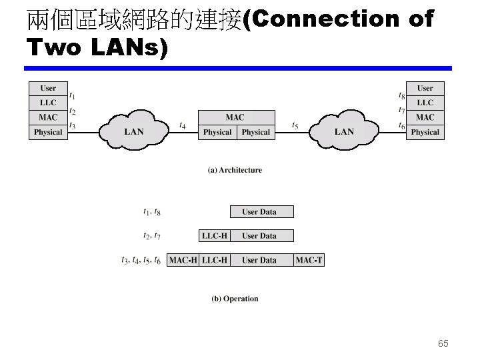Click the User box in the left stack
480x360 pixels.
point(48,88)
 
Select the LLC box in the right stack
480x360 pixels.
point(425,103)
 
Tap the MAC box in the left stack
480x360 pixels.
point(48,117)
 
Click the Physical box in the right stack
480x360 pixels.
point(425,132)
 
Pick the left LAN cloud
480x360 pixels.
point(133,131)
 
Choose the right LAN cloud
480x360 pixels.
point(344,131)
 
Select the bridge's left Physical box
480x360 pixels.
point(217,132)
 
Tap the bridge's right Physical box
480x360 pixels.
point(256,132)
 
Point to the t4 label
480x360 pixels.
point(183,125)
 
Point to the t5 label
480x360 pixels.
point(295,125)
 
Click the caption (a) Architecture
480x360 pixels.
point(235,170)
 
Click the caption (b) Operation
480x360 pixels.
point(235,299)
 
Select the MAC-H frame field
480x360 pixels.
point(183,260)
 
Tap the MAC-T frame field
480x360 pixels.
point(309,260)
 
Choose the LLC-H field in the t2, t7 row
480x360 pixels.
point(215,235)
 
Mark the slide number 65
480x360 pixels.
point(443,343)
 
